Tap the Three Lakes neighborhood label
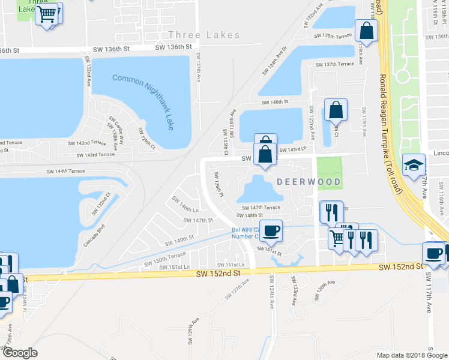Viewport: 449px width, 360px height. (204, 35)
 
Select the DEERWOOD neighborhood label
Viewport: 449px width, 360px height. (309, 181)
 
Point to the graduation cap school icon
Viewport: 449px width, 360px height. (414, 165)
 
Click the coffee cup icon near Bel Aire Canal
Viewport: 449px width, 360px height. (271, 230)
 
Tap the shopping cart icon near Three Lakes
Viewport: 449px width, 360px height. (47, 13)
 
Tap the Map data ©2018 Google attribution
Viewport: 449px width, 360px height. (411, 355)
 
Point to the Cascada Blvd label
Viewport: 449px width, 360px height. (95, 236)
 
